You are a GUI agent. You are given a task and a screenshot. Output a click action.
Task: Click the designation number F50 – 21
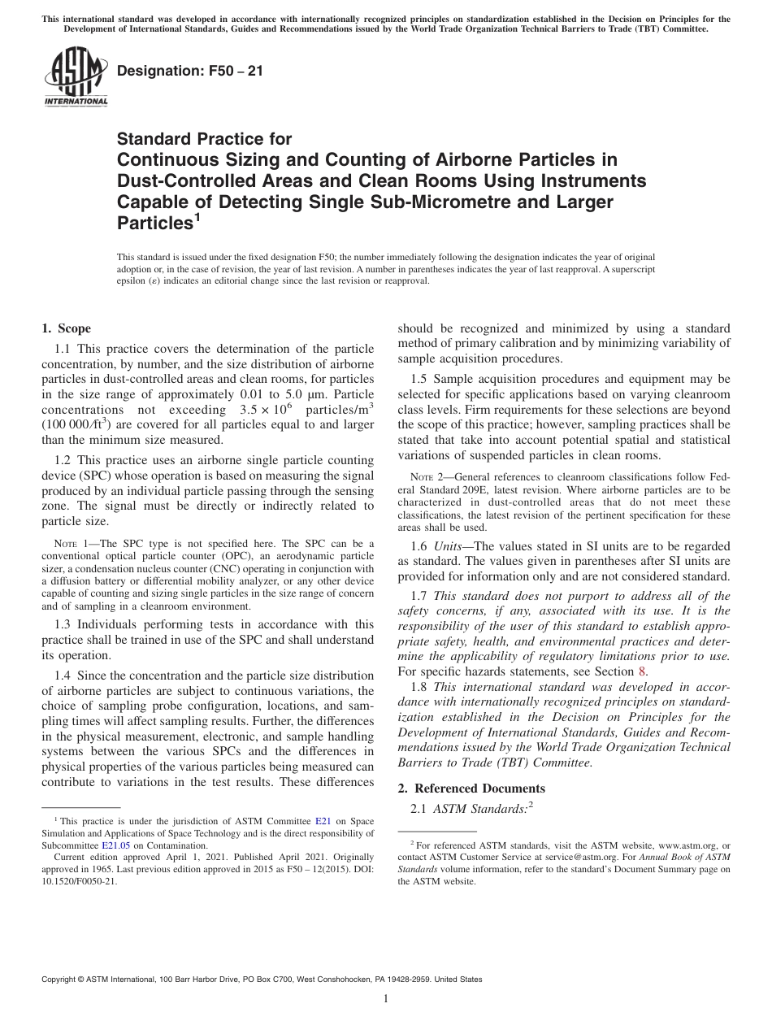[190, 72]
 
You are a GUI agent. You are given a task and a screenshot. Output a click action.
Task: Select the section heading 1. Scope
[67, 329]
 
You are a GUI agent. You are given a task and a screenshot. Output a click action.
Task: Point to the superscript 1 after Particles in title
[196, 216]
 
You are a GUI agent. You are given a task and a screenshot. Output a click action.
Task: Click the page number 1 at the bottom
[386, 999]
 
